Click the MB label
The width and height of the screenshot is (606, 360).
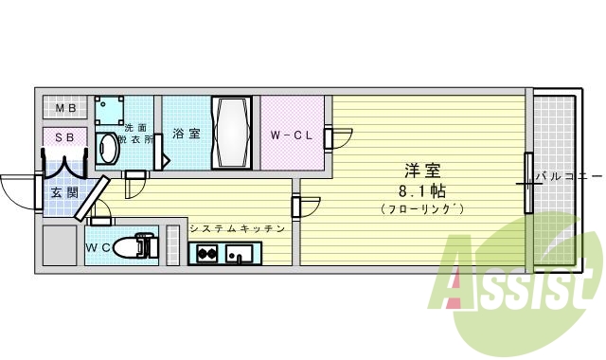(64, 108)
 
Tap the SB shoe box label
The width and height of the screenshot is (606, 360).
(64, 138)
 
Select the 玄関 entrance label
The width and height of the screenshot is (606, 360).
(62, 193)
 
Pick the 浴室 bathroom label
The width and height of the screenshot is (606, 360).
(186, 134)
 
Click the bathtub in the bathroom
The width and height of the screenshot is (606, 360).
(232, 132)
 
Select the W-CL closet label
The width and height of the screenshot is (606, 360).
(291, 135)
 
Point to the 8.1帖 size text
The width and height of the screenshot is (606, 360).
(422, 189)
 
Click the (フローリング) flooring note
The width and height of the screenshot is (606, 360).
(421, 208)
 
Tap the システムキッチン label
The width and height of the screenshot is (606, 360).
(240, 228)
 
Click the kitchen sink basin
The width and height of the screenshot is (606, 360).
(241, 253)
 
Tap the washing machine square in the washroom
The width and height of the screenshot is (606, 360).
(112, 109)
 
